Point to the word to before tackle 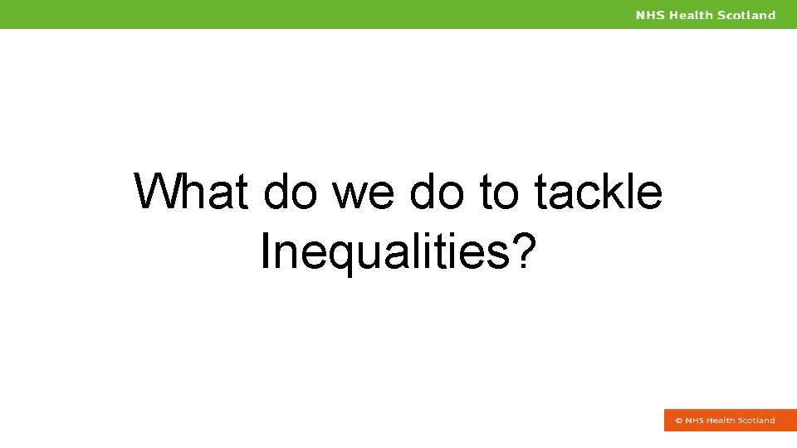click(498, 192)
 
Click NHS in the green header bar click(650, 15)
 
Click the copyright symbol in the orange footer click(678, 421)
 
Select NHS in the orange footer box click(694, 421)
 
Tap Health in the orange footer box click(721, 421)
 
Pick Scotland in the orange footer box click(756, 421)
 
